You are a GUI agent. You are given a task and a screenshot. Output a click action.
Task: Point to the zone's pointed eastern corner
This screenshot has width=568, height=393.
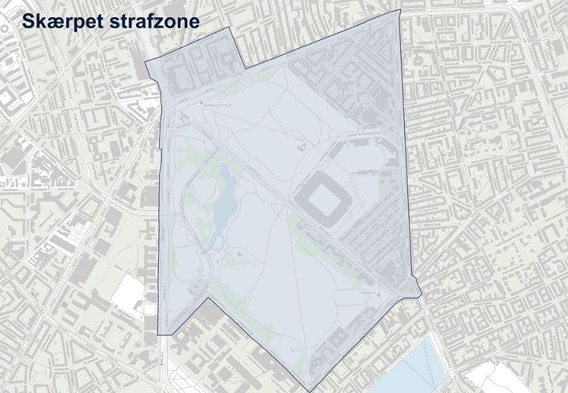(x=421, y=295)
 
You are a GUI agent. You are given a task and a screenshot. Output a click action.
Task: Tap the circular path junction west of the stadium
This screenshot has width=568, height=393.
(x=277, y=202)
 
